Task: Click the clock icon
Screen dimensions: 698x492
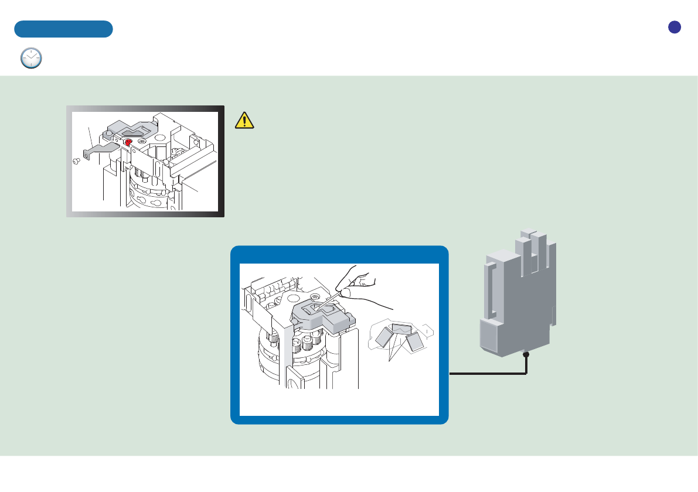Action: tap(31, 58)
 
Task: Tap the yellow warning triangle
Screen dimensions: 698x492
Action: tap(244, 120)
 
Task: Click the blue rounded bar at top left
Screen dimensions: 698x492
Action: tap(63, 29)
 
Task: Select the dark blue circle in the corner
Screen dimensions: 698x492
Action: tap(674, 27)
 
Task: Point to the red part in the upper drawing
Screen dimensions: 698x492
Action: tap(128, 142)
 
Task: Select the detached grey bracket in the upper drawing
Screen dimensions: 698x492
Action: tap(100, 152)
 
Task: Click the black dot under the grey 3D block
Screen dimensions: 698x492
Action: tap(526, 354)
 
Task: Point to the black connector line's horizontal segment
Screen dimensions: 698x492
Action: tap(486, 373)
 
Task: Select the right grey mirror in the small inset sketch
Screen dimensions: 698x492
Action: tap(414, 342)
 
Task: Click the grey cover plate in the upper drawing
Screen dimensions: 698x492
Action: tap(132, 127)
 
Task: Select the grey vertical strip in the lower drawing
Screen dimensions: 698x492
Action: tap(288, 357)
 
